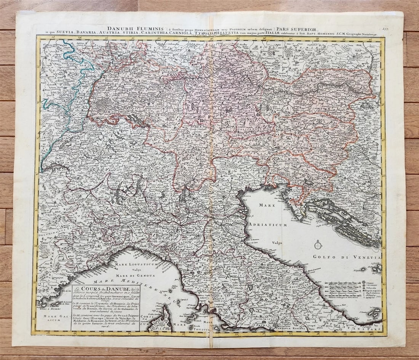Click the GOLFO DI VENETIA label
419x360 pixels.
(347, 257)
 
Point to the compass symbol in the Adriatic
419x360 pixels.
(318, 245)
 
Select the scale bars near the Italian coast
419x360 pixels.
(343, 291)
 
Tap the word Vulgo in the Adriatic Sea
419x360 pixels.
(277, 242)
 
